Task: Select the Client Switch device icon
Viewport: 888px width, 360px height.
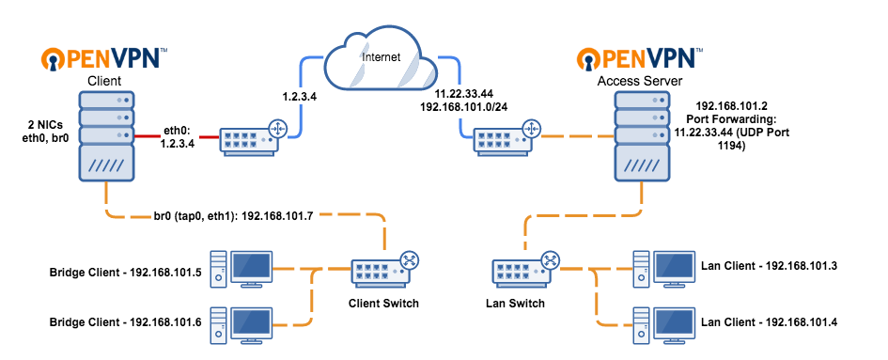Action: [382, 271]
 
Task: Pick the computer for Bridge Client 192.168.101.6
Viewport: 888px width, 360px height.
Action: [244, 325]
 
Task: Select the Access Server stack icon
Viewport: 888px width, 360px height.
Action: [641, 142]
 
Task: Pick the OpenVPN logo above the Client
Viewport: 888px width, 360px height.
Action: [104, 60]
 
